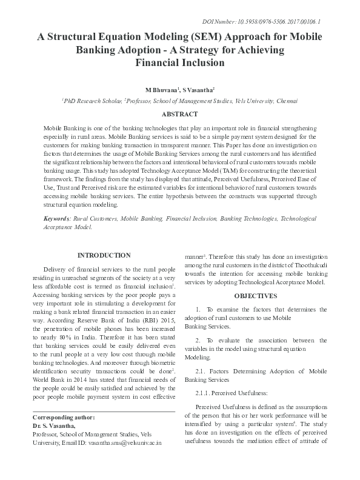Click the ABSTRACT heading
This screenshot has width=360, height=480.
point(180,114)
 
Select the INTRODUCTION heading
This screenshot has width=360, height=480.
point(104,255)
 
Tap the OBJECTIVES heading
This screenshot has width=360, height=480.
point(256,296)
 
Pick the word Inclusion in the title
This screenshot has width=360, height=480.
point(203,62)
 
